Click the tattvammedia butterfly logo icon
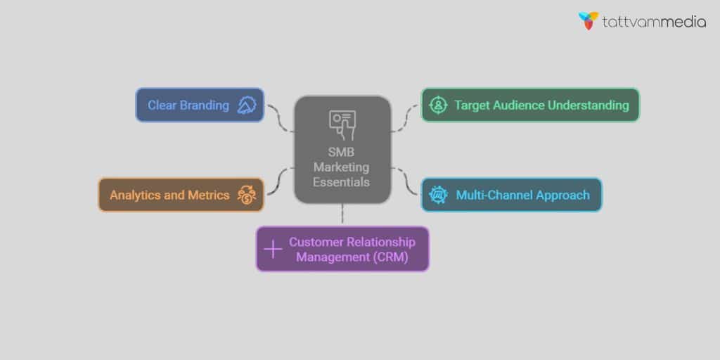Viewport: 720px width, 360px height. (x=589, y=20)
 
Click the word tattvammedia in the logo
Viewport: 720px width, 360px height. (x=654, y=22)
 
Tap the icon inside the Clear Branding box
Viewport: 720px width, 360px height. (x=246, y=105)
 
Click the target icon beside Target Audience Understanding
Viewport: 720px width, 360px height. (x=438, y=105)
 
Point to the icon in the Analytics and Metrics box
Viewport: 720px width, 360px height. (x=247, y=195)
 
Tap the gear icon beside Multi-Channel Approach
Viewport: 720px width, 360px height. (x=438, y=195)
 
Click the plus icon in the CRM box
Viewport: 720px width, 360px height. (x=272, y=249)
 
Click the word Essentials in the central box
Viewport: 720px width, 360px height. (x=342, y=182)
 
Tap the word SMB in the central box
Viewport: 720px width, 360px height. (x=342, y=152)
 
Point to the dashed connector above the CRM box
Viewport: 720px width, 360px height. (x=342, y=214)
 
